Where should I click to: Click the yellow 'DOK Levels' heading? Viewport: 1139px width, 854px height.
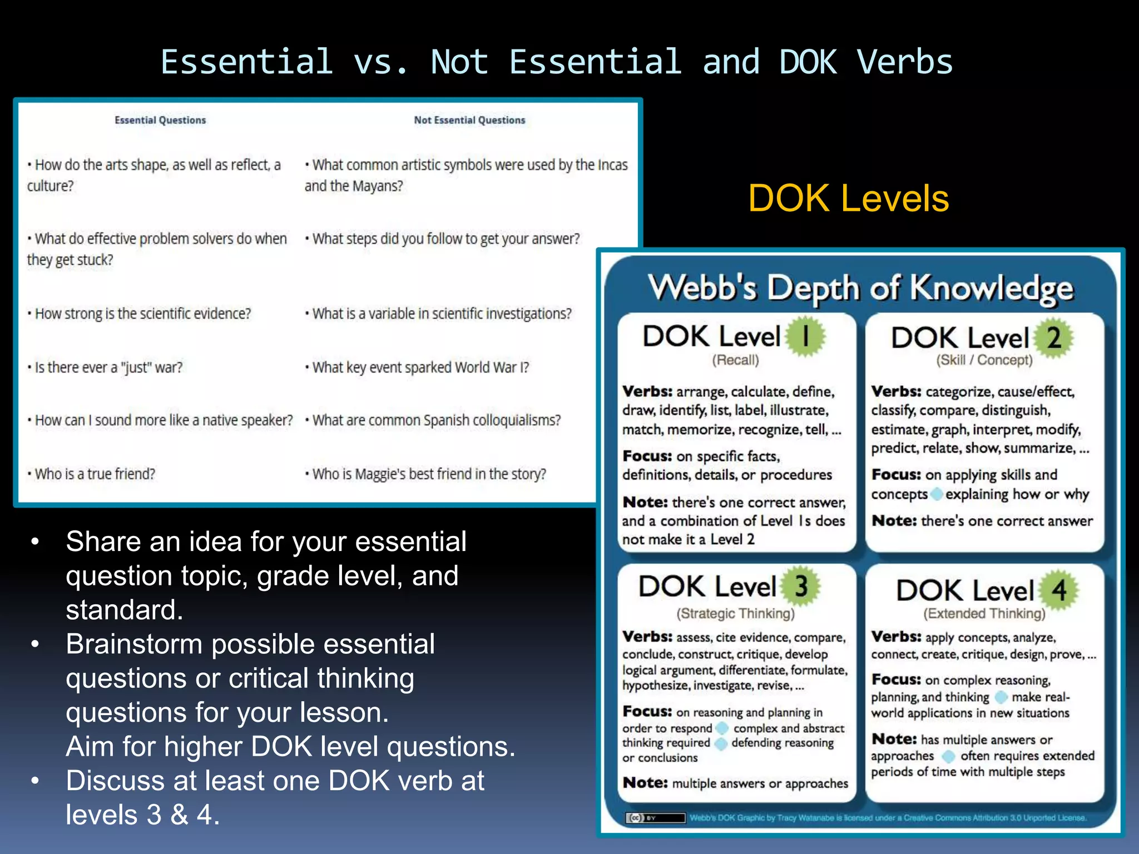pyautogui.click(x=848, y=198)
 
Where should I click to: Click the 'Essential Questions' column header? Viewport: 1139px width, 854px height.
pyautogui.click(x=160, y=120)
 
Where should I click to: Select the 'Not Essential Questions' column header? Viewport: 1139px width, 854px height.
pyautogui.click(x=469, y=120)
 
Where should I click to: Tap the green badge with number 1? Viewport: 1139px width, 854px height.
pyautogui.click(x=805, y=336)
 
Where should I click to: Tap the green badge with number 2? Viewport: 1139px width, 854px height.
pyautogui.click(x=1053, y=337)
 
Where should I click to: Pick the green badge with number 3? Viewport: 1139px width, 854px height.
pyautogui.click(x=801, y=586)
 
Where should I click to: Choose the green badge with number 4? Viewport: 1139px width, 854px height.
pyautogui.click(x=1059, y=590)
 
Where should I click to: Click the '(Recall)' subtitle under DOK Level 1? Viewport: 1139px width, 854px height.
pyautogui.click(x=735, y=360)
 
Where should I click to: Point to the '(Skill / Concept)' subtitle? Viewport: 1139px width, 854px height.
pyautogui.click(x=984, y=360)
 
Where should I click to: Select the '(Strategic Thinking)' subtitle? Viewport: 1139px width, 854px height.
pyautogui.click(x=735, y=613)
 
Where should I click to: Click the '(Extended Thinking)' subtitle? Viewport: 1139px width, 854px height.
pyautogui.click(x=984, y=613)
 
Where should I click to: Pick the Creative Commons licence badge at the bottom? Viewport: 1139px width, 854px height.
pyautogui.click(x=655, y=818)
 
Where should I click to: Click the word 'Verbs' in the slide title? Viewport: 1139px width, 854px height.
pyautogui.click(x=905, y=62)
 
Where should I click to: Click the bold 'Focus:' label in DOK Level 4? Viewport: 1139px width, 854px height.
pyautogui.click(x=896, y=679)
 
